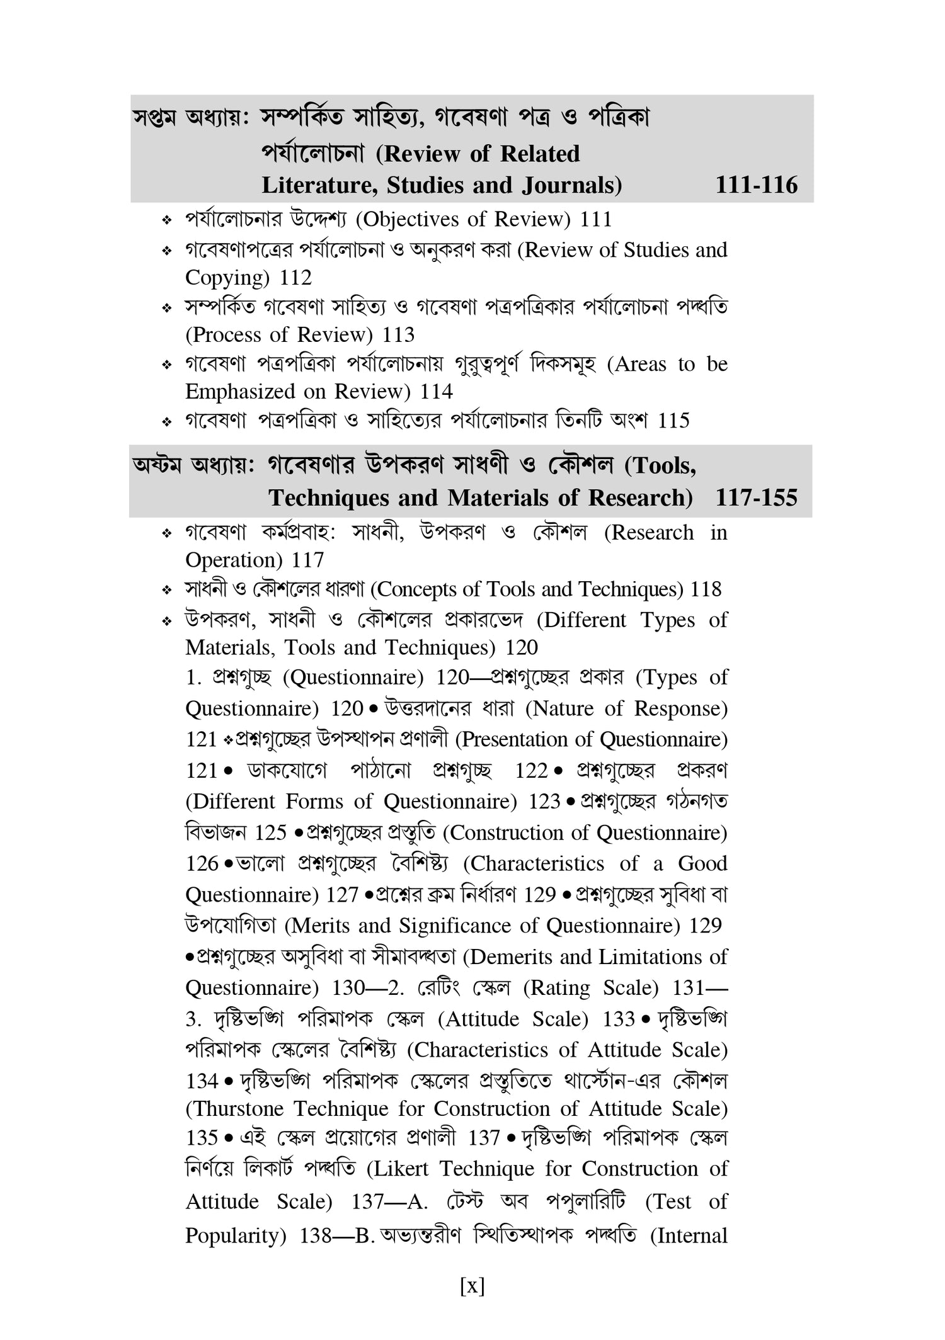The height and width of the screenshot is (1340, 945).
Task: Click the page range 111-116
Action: (x=756, y=185)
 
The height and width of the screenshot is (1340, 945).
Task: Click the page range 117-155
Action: (x=756, y=498)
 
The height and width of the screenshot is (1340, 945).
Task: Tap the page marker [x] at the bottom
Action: (x=472, y=1285)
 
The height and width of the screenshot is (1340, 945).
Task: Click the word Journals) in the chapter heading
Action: (x=572, y=185)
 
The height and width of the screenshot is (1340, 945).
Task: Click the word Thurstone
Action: (x=236, y=1108)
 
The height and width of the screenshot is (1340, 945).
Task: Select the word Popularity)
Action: (x=236, y=1236)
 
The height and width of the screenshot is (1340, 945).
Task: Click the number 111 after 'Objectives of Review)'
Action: (x=596, y=219)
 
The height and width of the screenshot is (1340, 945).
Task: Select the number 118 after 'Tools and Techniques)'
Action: (x=706, y=589)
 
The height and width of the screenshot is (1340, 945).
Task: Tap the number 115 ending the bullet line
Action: (x=673, y=420)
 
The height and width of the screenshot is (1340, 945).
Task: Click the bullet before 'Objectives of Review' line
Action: (x=167, y=220)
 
